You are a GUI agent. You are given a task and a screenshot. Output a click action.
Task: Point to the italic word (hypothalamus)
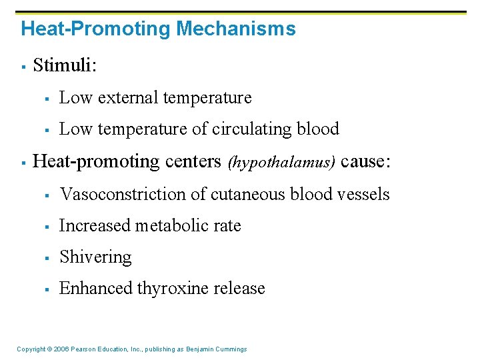[282, 162]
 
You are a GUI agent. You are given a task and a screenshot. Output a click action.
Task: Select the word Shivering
[95, 257]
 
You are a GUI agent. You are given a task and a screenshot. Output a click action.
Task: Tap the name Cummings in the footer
[231, 349]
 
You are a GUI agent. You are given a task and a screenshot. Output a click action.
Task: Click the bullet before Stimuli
[23, 66]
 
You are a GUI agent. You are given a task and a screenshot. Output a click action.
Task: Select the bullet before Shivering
[47, 258]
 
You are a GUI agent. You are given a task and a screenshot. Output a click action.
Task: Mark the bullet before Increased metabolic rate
[47, 227]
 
